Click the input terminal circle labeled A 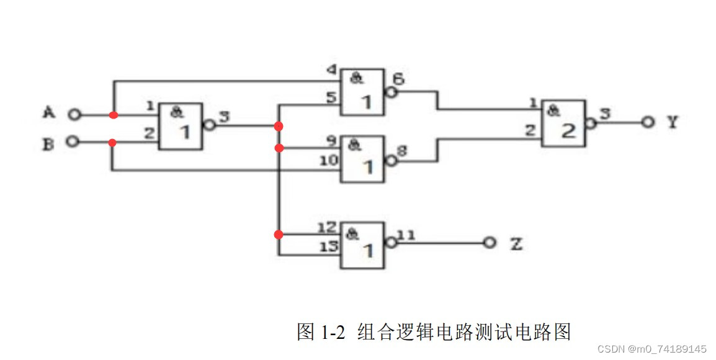(x=75, y=115)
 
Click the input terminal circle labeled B (x=73, y=142)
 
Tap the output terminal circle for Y (x=648, y=122)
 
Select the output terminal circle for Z (x=490, y=243)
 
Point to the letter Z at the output (x=516, y=243)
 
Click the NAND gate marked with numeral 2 (x=563, y=123)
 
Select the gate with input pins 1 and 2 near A (x=181, y=126)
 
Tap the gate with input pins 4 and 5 (x=362, y=91)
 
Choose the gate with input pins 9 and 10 (x=362, y=160)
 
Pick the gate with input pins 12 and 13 (x=362, y=245)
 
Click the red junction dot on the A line (x=113, y=115)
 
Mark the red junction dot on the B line (x=112, y=142)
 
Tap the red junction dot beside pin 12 (x=279, y=235)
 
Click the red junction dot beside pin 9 (x=279, y=148)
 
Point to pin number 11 (x=406, y=235)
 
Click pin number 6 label (x=398, y=79)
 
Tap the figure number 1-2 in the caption (x=333, y=332)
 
